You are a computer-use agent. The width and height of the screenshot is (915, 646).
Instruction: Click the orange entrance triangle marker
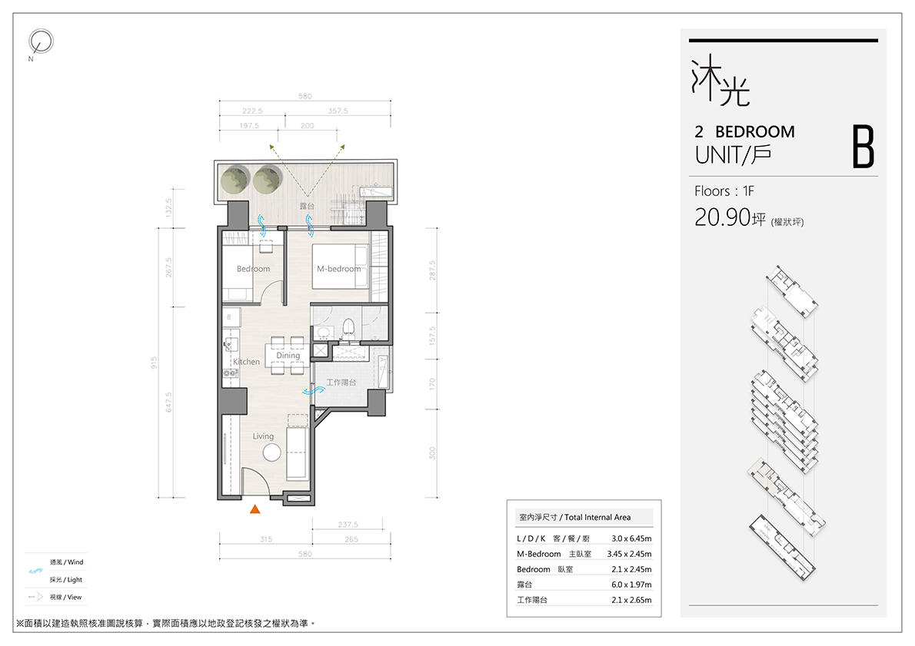click(255, 509)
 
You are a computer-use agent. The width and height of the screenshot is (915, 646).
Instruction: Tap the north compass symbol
click(41, 41)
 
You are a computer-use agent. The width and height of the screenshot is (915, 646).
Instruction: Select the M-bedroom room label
click(339, 269)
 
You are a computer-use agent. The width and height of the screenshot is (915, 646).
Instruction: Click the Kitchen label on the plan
click(246, 362)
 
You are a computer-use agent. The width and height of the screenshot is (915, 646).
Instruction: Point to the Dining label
click(288, 355)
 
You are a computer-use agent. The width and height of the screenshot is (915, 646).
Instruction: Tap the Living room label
click(263, 436)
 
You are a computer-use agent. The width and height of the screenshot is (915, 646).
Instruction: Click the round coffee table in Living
click(272, 452)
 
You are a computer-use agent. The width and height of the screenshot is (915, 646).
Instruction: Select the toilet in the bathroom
click(348, 329)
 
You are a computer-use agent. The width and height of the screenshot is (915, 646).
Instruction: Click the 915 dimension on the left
click(154, 363)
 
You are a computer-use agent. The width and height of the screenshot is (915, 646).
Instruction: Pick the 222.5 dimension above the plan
click(253, 111)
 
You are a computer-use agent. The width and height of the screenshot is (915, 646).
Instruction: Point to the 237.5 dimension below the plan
click(348, 525)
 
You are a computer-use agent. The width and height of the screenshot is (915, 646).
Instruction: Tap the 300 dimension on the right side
click(432, 453)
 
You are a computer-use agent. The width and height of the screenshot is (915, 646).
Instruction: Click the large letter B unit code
click(863, 147)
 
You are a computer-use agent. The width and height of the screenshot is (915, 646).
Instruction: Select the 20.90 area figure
click(722, 217)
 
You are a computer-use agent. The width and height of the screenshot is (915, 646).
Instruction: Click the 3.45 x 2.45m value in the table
click(629, 554)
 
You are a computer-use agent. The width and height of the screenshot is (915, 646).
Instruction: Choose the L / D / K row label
click(531, 538)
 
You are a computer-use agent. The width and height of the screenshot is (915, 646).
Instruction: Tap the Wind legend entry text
click(67, 562)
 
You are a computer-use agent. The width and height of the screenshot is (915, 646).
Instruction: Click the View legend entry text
click(66, 597)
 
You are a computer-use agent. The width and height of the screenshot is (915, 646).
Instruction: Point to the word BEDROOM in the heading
click(755, 132)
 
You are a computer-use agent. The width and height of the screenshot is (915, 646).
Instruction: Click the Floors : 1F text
click(724, 191)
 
